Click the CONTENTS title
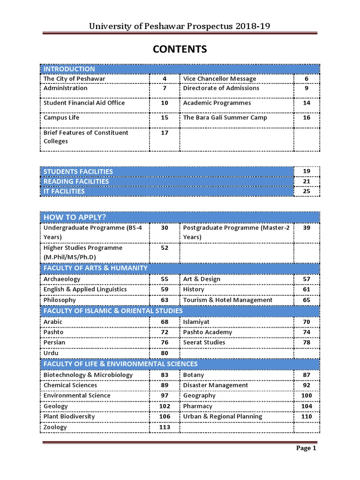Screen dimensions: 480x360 pyautogui.click(x=180, y=49)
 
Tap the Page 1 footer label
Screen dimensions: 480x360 pyautogui.click(x=306, y=448)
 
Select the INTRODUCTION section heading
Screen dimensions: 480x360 pyautogui.click(x=69, y=69)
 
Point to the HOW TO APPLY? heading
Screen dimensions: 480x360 pyautogui.click(x=75, y=217)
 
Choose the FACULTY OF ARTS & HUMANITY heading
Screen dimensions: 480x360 pyautogui.click(x=95, y=268)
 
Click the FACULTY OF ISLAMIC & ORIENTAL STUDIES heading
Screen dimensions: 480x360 pyautogui.click(x=113, y=311)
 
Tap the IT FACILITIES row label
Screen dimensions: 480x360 pyautogui.click(x=64, y=191)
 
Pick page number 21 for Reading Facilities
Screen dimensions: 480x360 pyautogui.click(x=307, y=181)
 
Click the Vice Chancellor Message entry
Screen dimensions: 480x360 pyautogui.click(x=219, y=79)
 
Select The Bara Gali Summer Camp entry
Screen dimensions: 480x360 pyautogui.click(x=225, y=118)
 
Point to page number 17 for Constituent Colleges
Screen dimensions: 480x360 pyautogui.click(x=164, y=133)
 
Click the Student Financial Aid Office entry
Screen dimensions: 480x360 pyautogui.click(x=84, y=103)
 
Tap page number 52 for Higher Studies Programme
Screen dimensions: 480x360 pyautogui.click(x=164, y=247)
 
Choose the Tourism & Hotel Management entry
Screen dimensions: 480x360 pyautogui.click(x=227, y=300)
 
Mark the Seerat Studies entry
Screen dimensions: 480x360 pyautogui.click(x=204, y=342)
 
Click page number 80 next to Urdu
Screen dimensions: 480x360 pyautogui.click(x=164, y=353)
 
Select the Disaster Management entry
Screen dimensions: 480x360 pyautogui.click(x=216, y=385)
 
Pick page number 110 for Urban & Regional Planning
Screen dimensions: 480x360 pyautogui.click(x=307, y=416)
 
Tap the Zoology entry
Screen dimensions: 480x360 pyautogui.click(x=55, y=427)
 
